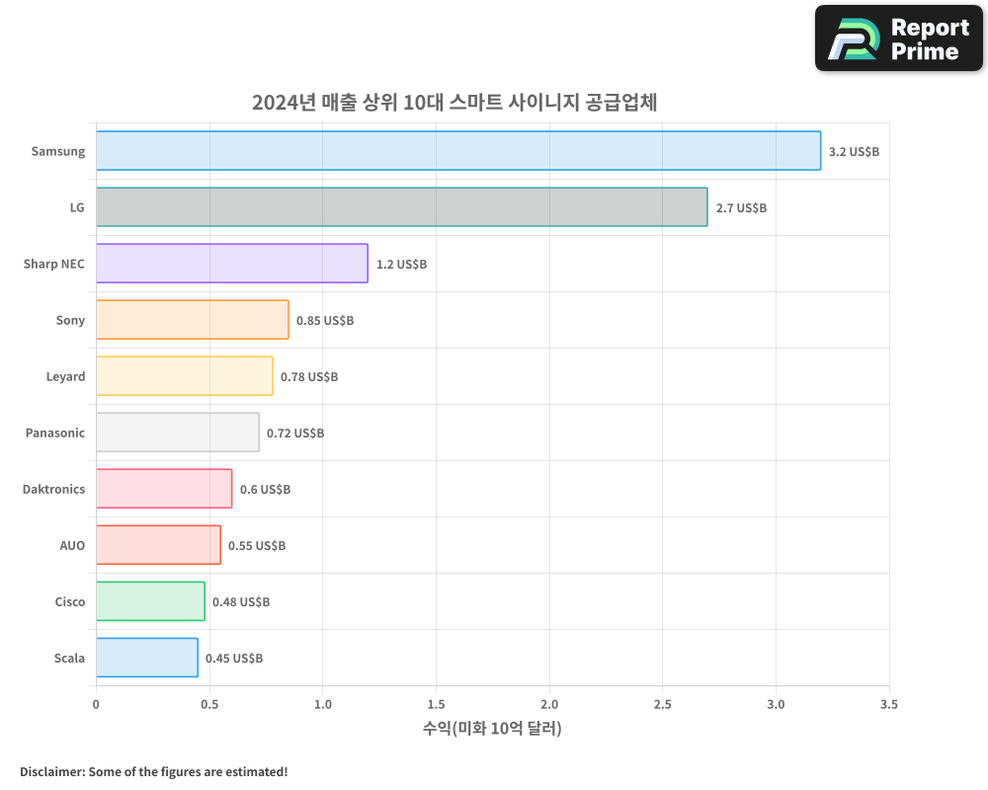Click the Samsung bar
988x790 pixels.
[457, 151]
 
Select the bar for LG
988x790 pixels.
[401, 207]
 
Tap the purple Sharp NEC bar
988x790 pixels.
[231, 264]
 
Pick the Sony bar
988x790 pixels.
[192, 320]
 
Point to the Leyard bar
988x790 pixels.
[184, 376]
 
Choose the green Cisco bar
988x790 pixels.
[150, 601]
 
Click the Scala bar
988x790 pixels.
[146, 658]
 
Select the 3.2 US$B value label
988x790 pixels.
[854, 152]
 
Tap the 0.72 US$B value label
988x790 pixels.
[295, 434]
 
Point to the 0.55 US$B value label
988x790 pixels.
[257, 546]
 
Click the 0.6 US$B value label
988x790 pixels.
[265, 490]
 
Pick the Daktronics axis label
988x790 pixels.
[53, 490]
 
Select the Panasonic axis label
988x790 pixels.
[55, 434]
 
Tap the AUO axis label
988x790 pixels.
[72, 546]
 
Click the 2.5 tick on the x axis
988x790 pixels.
[663, 705]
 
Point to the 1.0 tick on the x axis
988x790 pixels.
[322, 705]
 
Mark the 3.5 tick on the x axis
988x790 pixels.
[889, 705]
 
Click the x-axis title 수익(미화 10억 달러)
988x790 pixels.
[492, 729]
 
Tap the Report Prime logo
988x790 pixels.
[899, 39]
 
